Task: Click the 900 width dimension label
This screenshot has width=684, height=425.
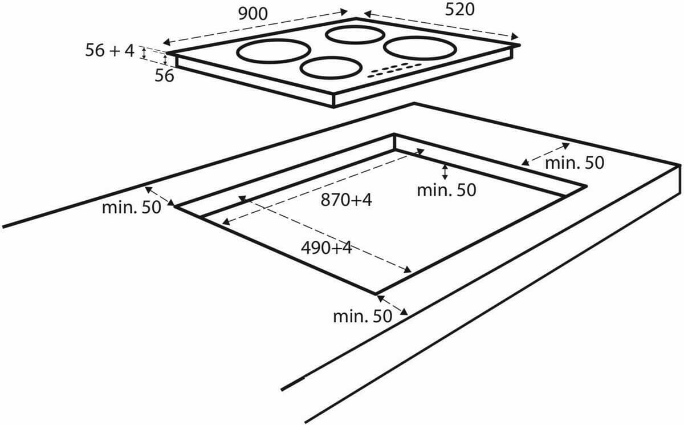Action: tap(253, 14)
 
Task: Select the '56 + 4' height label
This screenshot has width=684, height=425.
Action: tap(109, 51)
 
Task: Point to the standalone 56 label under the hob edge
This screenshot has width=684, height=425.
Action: tap(164, 76)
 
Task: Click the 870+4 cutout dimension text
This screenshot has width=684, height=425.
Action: tap(346, 200)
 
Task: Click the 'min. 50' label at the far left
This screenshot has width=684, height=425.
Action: tap(132, 207)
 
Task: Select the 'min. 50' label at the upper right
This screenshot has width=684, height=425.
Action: tap(574, 163)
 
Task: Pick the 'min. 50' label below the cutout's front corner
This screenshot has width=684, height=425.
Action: tap(363, 315)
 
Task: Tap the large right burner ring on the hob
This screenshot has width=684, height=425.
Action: tap(420, 47)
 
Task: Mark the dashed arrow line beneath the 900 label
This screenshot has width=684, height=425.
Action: tap(255, 26)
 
